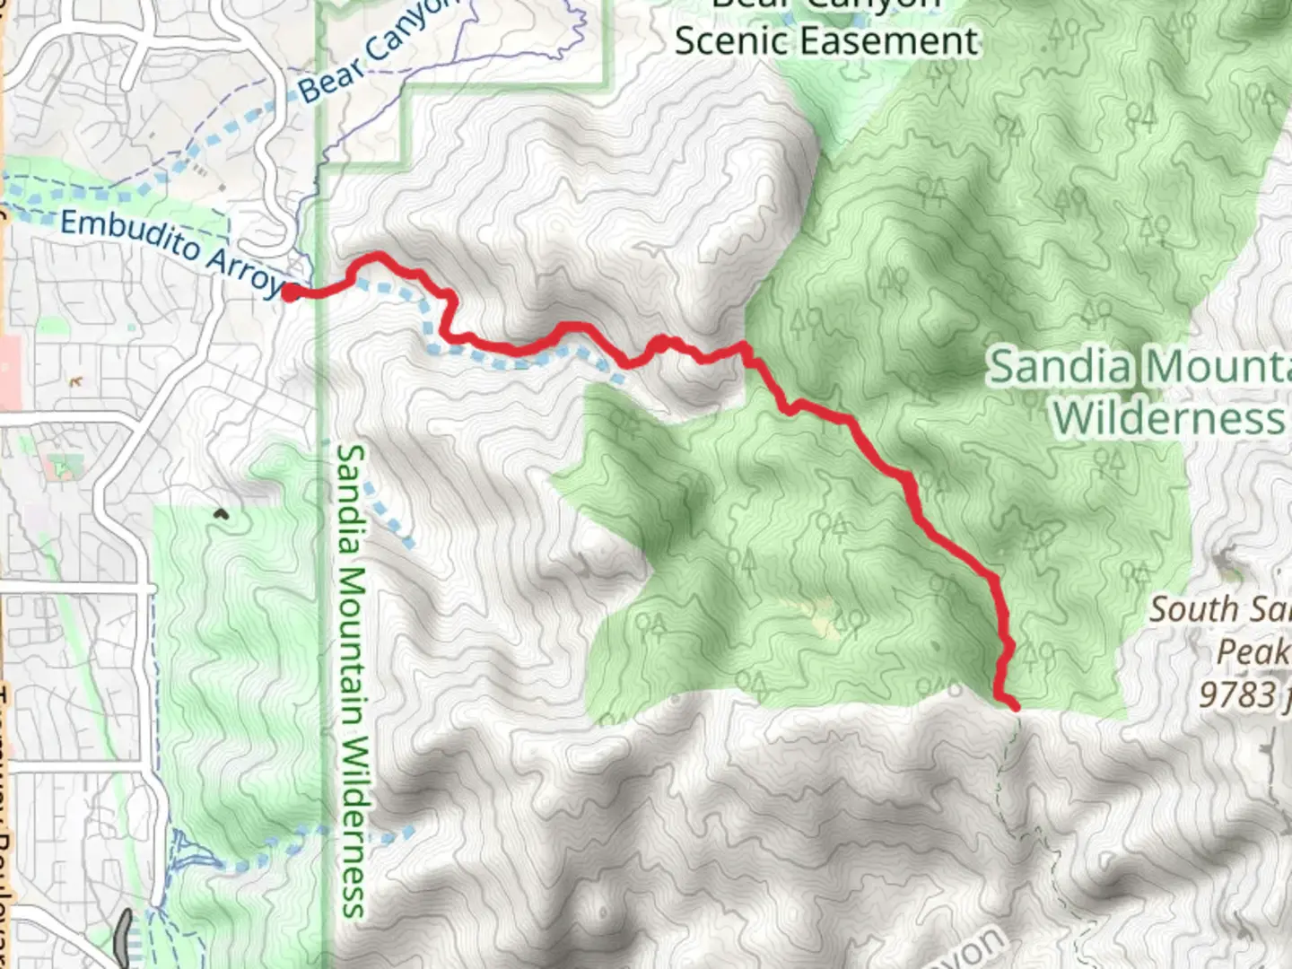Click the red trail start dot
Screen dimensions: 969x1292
point(291,292)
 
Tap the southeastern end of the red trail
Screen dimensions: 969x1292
point(1015,707)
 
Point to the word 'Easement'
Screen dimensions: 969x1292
point(898,41)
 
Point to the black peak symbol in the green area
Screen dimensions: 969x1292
point(220,515)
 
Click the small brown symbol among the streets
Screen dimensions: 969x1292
point(75,381)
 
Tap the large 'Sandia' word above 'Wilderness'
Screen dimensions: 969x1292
point(1059,368)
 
